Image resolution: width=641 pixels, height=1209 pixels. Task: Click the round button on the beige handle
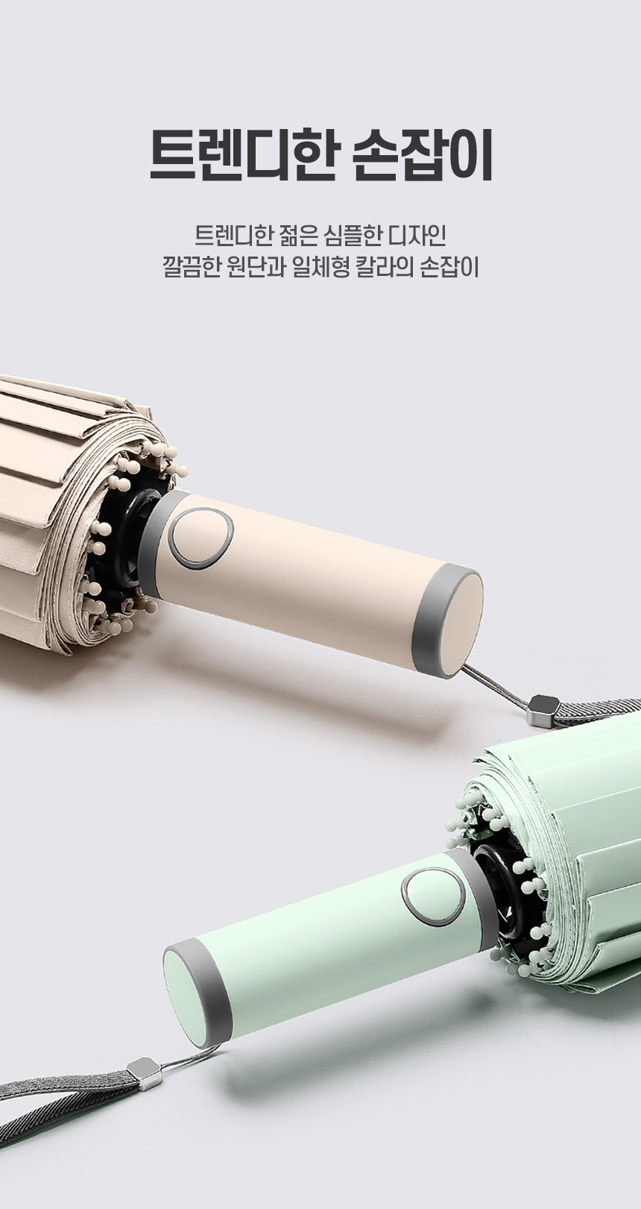click(202, 538)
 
